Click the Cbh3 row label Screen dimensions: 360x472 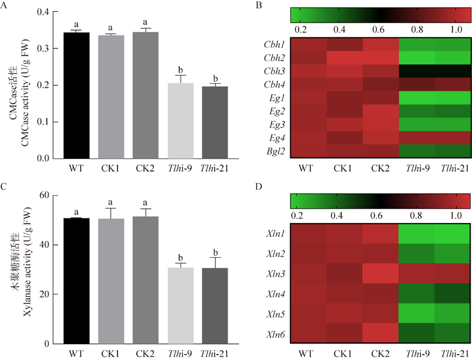click(x=275, y=70)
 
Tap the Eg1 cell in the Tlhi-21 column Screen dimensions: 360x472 click(x=453, y=97)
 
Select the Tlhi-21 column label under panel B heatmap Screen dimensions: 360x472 click(x=453, y=168)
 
